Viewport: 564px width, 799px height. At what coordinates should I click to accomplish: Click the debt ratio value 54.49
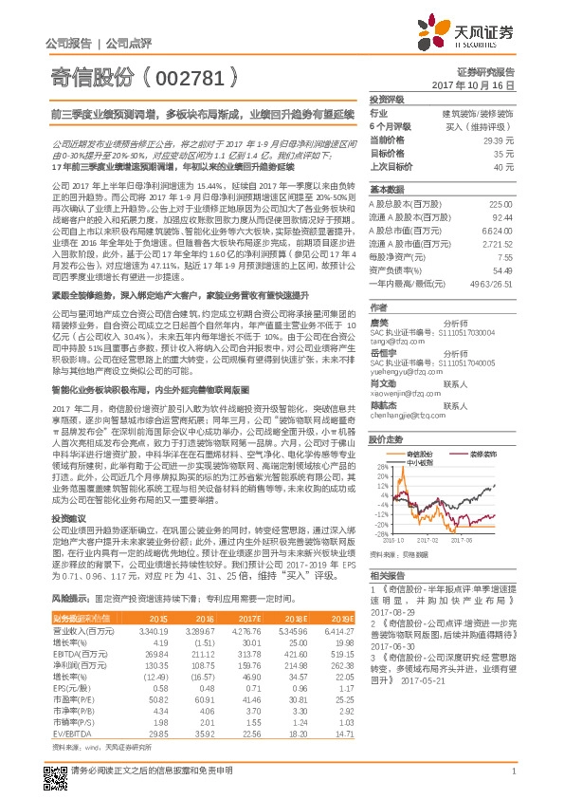[503, 270]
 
